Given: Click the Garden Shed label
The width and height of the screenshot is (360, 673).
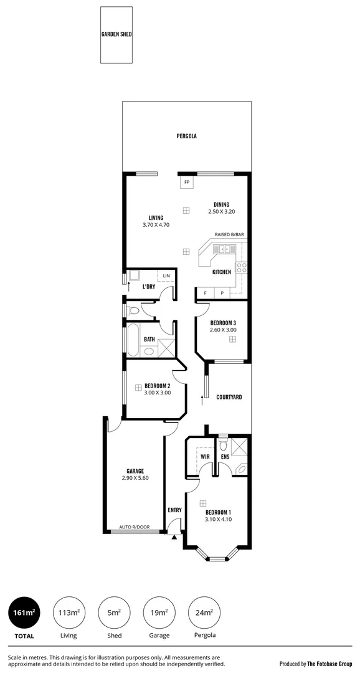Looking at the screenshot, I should tap(116, 35).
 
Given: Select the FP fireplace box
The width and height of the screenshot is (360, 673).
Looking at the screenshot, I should tap(187, 182).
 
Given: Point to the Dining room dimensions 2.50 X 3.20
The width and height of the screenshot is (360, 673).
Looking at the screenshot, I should tap(221, 212).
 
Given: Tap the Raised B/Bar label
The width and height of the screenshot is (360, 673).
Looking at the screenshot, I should tap(229, 234).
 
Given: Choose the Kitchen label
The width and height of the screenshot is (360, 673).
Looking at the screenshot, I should tap(222, 272).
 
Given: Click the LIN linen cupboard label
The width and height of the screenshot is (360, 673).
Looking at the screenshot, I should tap(166, 275).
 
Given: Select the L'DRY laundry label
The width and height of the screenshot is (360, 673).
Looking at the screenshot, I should tap(148, 287).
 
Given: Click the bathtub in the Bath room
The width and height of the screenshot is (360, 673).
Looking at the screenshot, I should tap(133, 340).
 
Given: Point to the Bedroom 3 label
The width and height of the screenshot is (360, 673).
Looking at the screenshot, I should tap(223, 322).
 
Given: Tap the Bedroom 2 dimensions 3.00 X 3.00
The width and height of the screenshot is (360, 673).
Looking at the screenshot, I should tap(157, 393).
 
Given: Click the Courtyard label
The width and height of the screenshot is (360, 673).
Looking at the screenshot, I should tap(229, 397).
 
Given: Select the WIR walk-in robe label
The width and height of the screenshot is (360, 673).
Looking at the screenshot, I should tap(204, 457).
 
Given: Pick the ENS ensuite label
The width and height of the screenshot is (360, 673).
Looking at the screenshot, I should tap(225, 457).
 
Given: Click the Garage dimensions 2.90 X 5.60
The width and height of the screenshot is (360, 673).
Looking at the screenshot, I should tap(135, 478).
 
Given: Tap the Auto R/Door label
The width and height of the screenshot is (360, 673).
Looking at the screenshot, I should tap(135, 527).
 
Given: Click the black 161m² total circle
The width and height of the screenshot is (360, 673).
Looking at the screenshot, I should tap(24, 614).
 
